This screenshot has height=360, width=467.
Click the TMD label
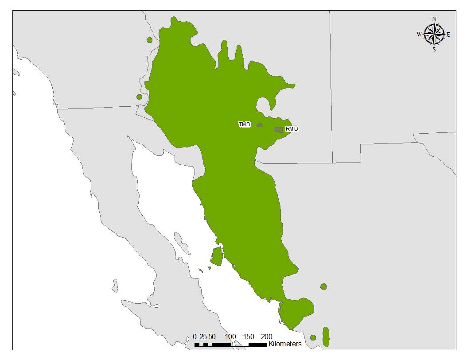[245, 124]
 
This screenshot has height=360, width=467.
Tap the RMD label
[292, 129]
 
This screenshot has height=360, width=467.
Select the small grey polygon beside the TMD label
[260, 125]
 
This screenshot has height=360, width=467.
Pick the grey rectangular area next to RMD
[278, 130]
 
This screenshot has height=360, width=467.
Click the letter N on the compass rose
[434, 19]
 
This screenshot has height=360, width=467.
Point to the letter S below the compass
[434, 50]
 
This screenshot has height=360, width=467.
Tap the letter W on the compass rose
[419, 34]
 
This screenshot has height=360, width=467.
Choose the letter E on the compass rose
[448, 34]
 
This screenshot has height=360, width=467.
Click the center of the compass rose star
[434, 34]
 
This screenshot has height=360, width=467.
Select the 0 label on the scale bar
[195, 337]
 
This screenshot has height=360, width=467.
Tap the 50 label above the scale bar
[212, 337]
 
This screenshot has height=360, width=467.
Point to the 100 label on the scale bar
[230, 337]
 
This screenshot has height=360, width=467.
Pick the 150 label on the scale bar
[249, 337]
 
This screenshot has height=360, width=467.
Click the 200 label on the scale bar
[267, 337]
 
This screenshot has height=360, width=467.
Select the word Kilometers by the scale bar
[285, 344]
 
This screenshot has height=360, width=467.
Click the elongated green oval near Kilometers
[326, 337]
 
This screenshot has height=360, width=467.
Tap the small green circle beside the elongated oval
[313, 337]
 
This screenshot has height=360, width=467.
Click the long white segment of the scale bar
[239, 344]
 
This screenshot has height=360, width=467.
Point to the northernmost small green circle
[149, 40]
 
